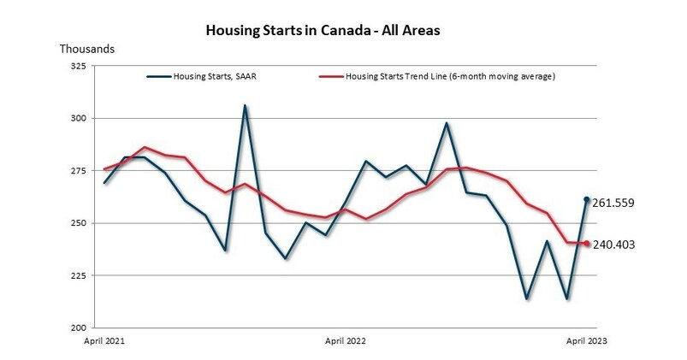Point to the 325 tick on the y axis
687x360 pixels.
(77, 66)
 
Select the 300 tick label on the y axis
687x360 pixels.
(77, 118)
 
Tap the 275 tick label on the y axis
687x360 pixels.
(77, 171)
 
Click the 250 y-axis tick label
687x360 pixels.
(77, 223)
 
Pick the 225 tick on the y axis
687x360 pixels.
(77, 275)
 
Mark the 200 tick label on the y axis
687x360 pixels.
(77, 328)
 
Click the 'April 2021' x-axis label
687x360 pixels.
(104, 340)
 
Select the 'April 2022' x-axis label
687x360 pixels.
(346, 340)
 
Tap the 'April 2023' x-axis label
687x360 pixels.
(586, 340)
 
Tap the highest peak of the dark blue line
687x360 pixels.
(245, 106)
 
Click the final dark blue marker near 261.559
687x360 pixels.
(587, 199)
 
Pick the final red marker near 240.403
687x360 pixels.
(587, 244)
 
